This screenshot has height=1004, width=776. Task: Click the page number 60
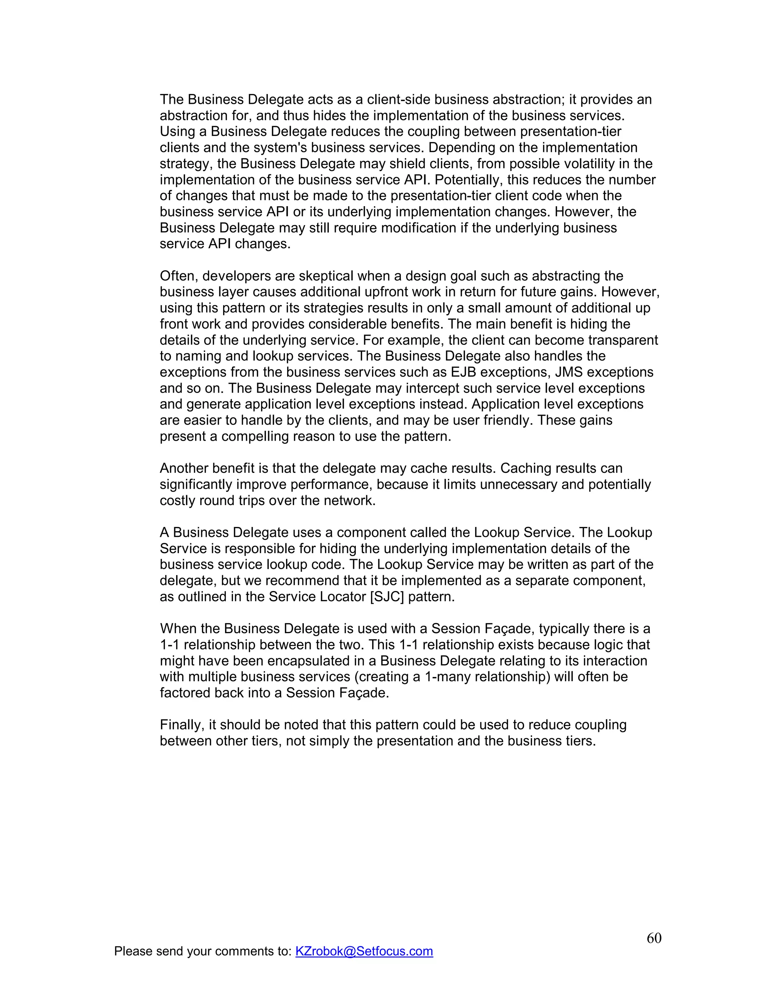(654, 938)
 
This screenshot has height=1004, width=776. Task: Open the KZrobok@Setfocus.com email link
(364, 951)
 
